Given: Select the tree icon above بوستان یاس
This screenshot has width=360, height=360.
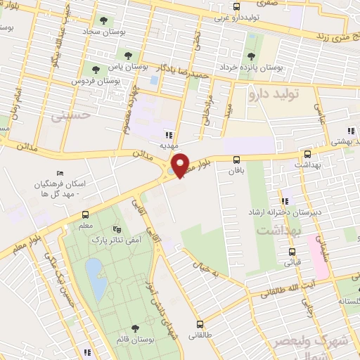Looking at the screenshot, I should (x=127, y=56).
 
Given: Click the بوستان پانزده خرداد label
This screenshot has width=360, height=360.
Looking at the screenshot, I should (x=274, y=69).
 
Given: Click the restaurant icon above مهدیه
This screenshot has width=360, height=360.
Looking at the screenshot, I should (x=168, y=135).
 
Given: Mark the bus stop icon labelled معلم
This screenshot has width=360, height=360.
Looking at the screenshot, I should (x=85, y=214).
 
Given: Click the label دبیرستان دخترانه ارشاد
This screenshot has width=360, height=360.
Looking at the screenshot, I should (x=274, y=211).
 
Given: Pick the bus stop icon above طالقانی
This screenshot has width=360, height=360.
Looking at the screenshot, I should (x=200, y=324).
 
